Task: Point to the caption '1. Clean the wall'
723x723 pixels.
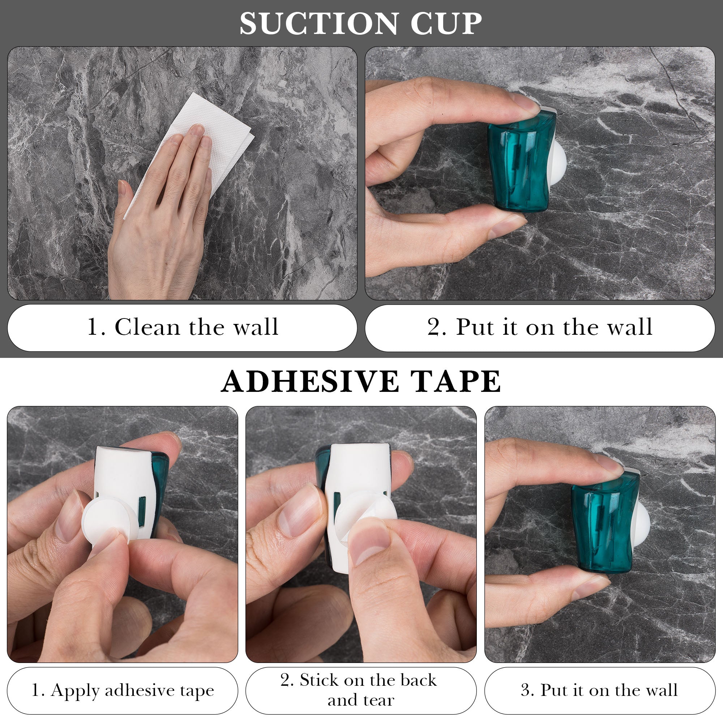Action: (x=182, y=327)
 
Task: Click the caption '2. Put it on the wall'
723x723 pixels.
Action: (x=540, y=327)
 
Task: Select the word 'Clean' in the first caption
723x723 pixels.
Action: (x=148, y=327)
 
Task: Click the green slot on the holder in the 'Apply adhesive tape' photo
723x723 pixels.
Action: (x=142, y=510)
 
